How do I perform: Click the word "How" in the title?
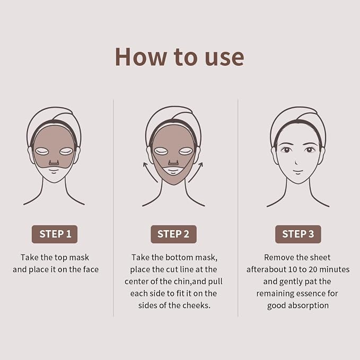141,57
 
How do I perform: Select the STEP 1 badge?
55,234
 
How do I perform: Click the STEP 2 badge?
173,234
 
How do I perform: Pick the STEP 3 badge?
298,234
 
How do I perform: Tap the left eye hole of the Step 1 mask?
41,151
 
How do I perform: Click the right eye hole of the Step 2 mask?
186,151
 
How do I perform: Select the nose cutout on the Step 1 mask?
54,162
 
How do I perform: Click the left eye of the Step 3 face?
286,150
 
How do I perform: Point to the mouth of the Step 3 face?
298,171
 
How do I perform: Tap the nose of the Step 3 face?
296,162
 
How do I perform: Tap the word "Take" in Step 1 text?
29,257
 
